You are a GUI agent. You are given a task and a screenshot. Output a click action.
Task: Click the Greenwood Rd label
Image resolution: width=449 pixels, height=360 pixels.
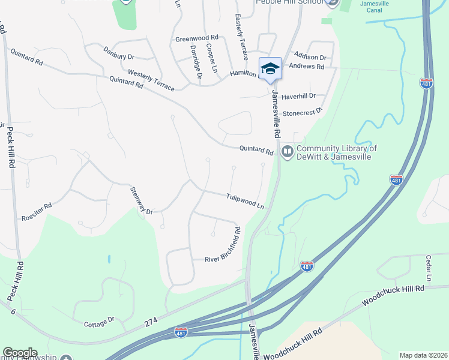pyautogui.click(x=196, y=38)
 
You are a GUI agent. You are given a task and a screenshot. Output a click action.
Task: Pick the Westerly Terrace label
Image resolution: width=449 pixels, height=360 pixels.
pyautogui.click(x=151, y=80)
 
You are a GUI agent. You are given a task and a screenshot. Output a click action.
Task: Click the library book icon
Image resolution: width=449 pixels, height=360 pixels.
pyautogui.click(x=287, y=152)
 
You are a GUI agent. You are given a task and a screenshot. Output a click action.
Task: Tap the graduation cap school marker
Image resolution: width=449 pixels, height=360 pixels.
pyautogui.click(x=270, y=68)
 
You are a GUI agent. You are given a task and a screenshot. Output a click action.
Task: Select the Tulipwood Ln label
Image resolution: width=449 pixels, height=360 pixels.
pyautogui.click(x=245, y=200)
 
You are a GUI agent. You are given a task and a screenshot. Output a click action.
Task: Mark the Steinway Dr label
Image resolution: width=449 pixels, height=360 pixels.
pyautogui.click(x=142, y=200)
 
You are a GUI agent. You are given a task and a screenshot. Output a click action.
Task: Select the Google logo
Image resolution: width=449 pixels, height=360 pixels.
pyautogui.click(x=20, y=353)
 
